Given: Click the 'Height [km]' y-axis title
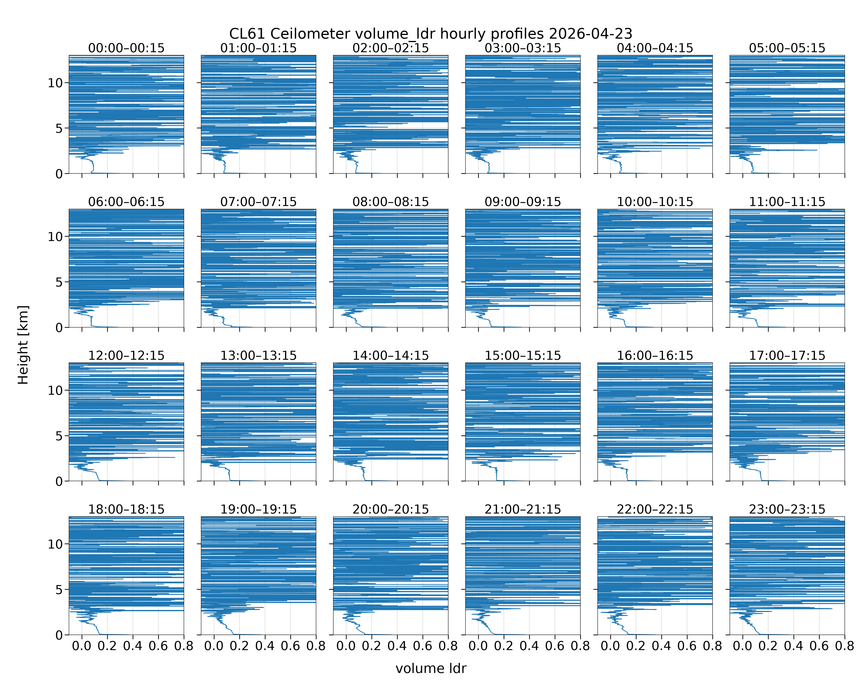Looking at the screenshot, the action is pos(23,345).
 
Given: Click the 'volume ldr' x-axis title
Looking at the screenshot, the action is pos(431,668).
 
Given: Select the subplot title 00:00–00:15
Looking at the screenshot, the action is pos(126,48).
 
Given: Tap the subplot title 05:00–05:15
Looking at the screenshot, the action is pos(787,48).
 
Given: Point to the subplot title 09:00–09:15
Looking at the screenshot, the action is pos(523,202).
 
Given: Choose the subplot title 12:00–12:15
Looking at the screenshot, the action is pos(126,356).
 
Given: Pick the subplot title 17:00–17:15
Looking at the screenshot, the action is pos(787,356).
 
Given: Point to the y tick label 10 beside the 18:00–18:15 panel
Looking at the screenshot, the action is pos(55,544).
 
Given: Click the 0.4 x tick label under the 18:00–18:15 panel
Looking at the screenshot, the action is pos(133,646).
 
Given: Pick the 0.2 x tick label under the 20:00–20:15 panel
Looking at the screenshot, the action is pos(371,646).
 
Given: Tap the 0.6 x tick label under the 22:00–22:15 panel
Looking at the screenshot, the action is pos(687,646).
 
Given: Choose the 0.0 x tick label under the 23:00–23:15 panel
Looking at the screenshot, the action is pos(742,646).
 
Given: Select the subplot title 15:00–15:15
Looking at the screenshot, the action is pos(523,356).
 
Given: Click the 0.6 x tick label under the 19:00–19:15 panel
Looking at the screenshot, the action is pos(290,646).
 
